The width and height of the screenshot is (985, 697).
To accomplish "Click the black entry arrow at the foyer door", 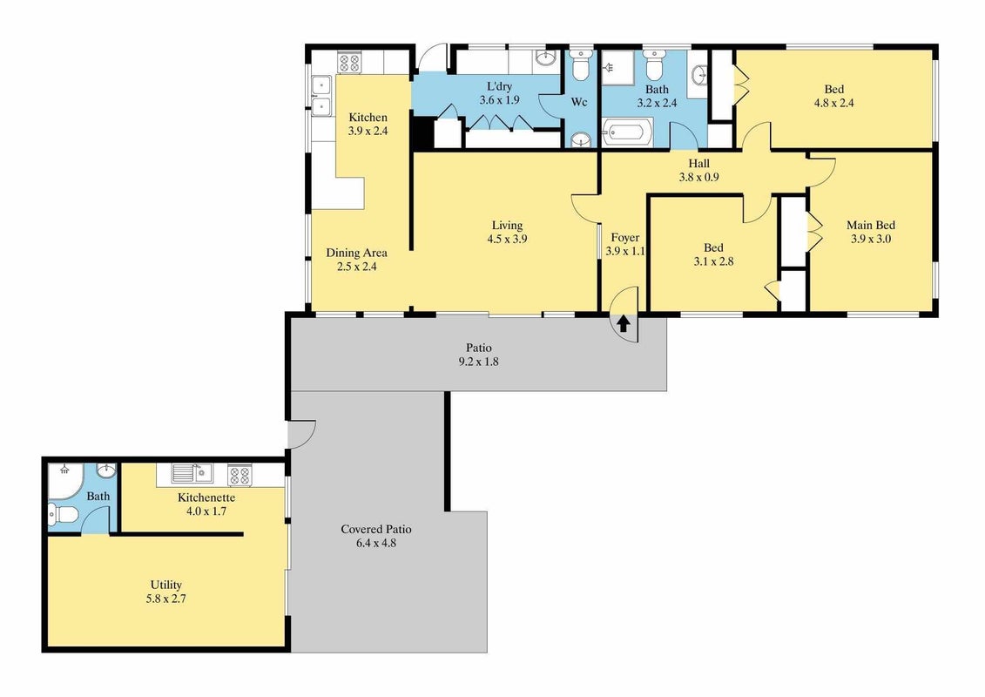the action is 624,323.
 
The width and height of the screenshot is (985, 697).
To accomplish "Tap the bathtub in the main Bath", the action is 624,133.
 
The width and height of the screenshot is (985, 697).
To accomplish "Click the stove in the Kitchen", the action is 349,63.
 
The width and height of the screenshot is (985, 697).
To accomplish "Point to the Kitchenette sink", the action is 192,473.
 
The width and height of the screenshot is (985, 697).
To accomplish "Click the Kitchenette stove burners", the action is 240,475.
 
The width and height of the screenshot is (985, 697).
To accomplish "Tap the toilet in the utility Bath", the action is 63,515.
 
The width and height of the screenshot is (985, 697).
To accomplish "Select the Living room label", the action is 507,225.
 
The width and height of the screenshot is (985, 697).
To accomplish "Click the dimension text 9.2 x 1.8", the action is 479,362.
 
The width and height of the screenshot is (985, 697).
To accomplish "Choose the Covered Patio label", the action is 375,529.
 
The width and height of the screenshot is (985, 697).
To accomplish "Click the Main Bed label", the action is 871,225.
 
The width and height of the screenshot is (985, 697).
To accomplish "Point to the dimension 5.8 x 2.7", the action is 165,599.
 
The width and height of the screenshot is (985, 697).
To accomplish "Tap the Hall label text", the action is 698,164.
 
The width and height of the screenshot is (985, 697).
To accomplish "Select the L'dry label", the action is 499,87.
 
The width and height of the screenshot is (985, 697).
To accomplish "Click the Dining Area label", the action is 356,253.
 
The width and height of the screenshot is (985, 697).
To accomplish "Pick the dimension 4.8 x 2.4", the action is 833,103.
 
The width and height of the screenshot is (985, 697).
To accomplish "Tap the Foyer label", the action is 625,238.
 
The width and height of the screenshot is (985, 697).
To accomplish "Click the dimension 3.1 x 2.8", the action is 713,261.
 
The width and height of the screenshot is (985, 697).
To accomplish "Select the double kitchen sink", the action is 322,95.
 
